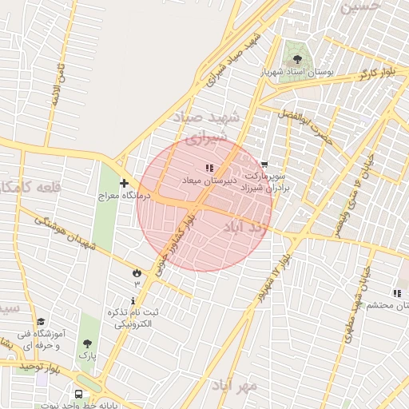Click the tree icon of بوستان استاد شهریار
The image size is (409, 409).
point(298,59)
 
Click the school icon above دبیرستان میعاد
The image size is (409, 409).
point(208,168)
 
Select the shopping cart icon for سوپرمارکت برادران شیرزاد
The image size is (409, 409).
point(264,164)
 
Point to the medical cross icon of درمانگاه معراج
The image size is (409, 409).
point(124,183)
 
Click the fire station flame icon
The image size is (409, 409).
point(136,273)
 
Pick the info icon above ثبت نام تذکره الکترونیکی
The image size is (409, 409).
point(133,300)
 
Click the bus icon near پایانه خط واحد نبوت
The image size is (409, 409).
point(78,394)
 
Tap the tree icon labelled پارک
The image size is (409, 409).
point(87,344)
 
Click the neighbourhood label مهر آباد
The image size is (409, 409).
point(236,385)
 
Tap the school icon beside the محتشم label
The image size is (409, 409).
point(397,293)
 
